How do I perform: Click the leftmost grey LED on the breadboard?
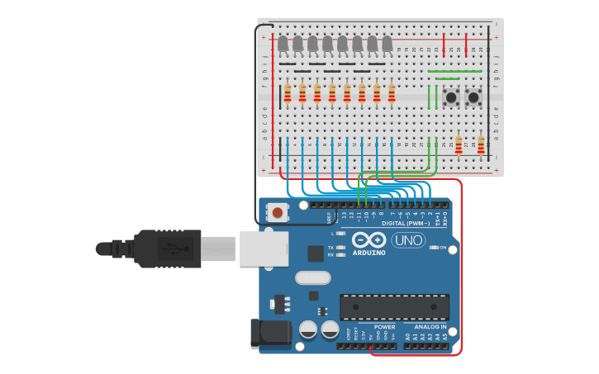pos(283,44)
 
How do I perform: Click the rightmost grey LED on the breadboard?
pos(387,44)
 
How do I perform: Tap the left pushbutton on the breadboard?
pos(451,97)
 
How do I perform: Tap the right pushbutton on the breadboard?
pos(473,97)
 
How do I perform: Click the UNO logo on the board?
pos(408,240)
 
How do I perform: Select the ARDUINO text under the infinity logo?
pos(368,253)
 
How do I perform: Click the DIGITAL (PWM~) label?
pos(404,224)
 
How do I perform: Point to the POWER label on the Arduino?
pos(384,327)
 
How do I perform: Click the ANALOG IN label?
pos(430,327)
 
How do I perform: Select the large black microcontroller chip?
pos(394,307)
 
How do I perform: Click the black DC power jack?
pos(270,334)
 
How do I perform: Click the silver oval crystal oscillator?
pos(312,278)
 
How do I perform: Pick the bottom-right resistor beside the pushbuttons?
pos(481,145)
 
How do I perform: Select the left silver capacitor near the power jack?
pos(308,330)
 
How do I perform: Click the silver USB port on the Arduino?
pos(264,248)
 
